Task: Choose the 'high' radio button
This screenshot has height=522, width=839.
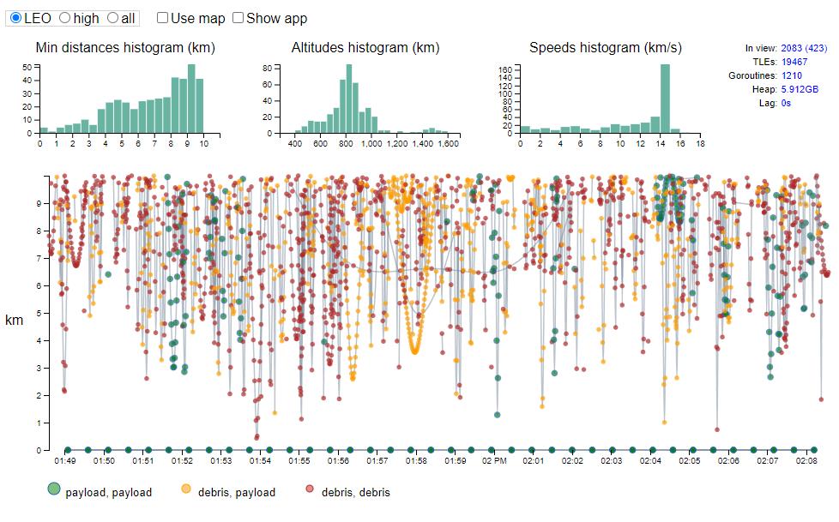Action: click(64, 18)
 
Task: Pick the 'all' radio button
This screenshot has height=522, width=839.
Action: click(112, 18)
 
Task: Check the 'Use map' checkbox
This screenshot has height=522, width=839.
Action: click(163, 18)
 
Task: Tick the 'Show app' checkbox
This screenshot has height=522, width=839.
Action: click(238, 18)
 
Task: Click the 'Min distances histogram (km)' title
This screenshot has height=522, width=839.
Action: click(125, 47)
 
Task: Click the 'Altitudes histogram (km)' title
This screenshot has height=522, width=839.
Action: click(365, 47)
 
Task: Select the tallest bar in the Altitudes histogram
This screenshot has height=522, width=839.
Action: click(349, 99)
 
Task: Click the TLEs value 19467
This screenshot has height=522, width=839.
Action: click(794, 62)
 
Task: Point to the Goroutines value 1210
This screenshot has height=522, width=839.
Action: click(791, 75)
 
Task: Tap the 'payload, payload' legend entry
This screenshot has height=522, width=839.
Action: click(100, 492)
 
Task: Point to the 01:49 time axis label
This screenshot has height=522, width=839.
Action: click(65, 461)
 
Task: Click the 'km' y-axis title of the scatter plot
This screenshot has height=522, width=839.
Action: click(15, 320)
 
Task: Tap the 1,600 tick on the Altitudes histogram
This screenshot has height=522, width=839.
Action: click(449, 144)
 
